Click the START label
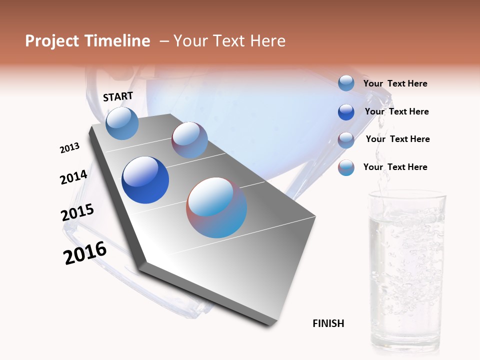point(118,96)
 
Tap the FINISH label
point(328,323)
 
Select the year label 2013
point(69,148)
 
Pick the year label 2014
point(73,177)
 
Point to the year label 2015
point(77,212)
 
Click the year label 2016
point(85,253)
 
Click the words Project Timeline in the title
point(87,41)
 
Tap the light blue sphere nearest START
point(122,123)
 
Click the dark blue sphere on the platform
point(145,180)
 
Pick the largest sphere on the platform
point(216,207)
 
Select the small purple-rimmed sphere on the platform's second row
point(189,140)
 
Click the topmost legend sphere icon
point(346,83)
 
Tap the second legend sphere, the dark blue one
point(346,111)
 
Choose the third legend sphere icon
point(346,139)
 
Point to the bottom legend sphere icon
point(346,167)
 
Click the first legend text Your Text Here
point(395,83)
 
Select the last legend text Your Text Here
point(395,167)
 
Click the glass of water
point(406,270)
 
